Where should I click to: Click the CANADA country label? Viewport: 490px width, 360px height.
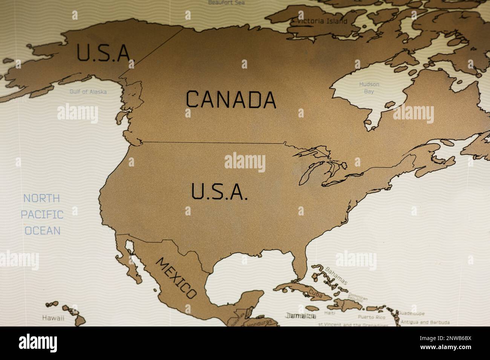tap(231, 99)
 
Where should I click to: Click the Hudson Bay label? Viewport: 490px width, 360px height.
tap(369, 88)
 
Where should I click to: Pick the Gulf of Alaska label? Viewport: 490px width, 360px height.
tap(88, 92)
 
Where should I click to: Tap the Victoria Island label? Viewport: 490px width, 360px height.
tap(322, 21)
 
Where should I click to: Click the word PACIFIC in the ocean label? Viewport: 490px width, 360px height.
tap(42, 215)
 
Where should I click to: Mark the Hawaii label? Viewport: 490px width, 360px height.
tap(53, 317)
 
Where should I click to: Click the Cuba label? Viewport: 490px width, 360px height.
tap(315, 294)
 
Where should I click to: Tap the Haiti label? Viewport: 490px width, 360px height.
tap(330, 313)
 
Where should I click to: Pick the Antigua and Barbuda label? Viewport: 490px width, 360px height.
tap(425, 322)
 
